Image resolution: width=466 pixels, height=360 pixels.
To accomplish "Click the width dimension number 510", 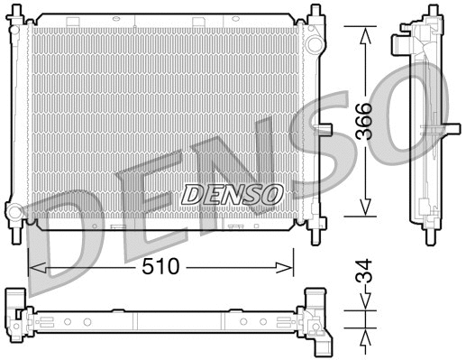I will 161,267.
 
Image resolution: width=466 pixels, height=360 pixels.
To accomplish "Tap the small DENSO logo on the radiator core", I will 233,192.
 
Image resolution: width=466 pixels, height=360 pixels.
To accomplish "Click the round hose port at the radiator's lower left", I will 15,214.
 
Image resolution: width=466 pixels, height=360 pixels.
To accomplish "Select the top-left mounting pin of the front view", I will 16,13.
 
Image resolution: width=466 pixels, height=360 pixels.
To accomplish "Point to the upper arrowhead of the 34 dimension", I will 364,310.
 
